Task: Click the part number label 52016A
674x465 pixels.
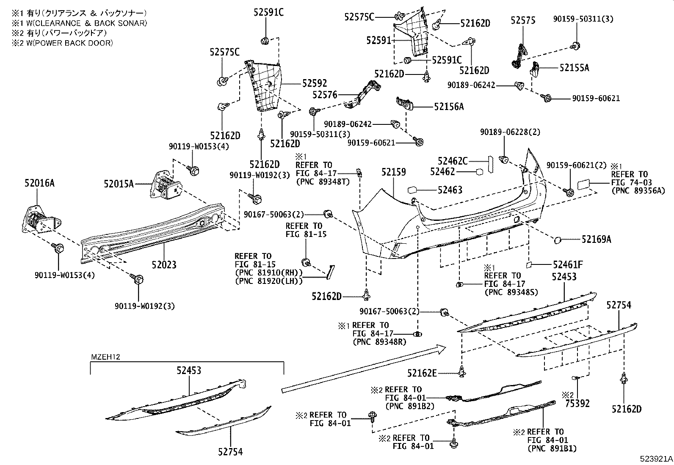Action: (39, 183)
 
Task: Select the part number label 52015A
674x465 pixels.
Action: (119, 184)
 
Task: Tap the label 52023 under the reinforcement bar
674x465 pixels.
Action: (164, 265)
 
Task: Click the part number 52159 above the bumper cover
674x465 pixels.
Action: (393, 172)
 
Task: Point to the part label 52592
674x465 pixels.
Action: (314, 84)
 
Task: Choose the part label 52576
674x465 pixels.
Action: (325, 95)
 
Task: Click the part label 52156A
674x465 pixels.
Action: (448, 107)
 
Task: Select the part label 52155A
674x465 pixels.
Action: (574, 68)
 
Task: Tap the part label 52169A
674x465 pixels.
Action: (596, 239)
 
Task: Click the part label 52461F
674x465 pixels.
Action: (568, 265)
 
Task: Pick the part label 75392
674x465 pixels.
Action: (577, 404)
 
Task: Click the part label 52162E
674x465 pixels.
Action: (422, 373)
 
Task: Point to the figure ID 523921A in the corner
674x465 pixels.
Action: (656, 459)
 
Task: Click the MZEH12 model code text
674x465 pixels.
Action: (106, 357)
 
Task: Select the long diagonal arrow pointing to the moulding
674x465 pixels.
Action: (364, 368)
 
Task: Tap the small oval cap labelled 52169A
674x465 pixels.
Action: (557, 240)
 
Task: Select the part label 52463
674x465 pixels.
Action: (450, 190)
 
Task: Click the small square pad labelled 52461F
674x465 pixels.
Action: (529, 265)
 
